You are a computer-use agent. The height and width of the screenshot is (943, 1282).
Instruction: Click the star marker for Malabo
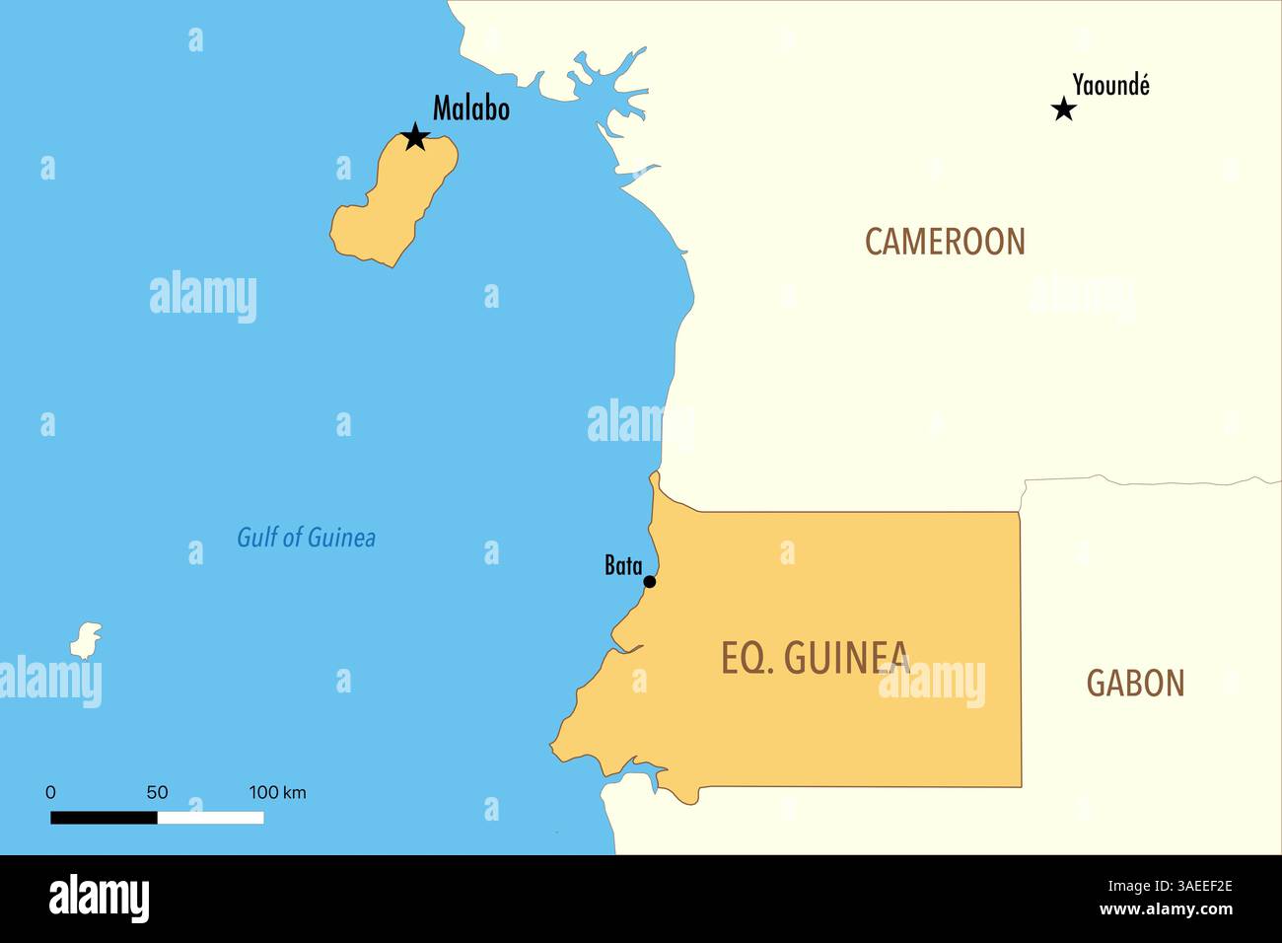pyautogui.click(x=415, y=137)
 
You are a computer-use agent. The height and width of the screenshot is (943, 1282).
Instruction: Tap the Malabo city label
pyautogui.click(x=470, y=109)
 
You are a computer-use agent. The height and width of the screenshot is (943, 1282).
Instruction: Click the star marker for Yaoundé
pyautogui.click(x=1063, y=109)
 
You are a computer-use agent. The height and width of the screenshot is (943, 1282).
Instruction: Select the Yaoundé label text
pyautogui.click(x=1110, y=86)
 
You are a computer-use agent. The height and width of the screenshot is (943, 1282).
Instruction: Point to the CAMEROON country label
pyautogui.click(x=945, y=242)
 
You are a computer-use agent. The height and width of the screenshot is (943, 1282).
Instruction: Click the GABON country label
pyautogui.click(x=1135, y=683)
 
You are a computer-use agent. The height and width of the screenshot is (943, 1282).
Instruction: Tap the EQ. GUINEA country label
pyautogui.click(x=815, y=658)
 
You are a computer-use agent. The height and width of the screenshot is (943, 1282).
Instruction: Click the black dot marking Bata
pyautogui.click(x=649, y=582)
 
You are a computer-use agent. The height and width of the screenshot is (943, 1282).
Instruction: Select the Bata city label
pyautogui.click(x=622, y=565)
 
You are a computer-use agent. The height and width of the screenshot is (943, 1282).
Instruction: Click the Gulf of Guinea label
pyautogui.click(x=306, y=538)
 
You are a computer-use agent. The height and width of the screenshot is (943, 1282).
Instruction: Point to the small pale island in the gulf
pyautogui.click(x=86, y=640)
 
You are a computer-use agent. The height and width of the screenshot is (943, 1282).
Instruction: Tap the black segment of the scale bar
pyautogui.click(x=104, y=817)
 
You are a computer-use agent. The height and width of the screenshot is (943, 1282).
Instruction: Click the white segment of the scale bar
pyautogui.click(x=210, y=817)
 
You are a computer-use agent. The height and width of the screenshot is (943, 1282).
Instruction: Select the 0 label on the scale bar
pyautogui.click(x=50, y=792)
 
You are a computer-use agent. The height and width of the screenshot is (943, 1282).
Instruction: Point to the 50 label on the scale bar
pyautogui.click(x=157, y=792)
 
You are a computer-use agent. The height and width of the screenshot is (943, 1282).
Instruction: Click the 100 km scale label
pyautogui.click(x=277, y=792)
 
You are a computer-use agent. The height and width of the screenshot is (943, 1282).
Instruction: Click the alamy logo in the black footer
pyautogui.click(x=99, y=899)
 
